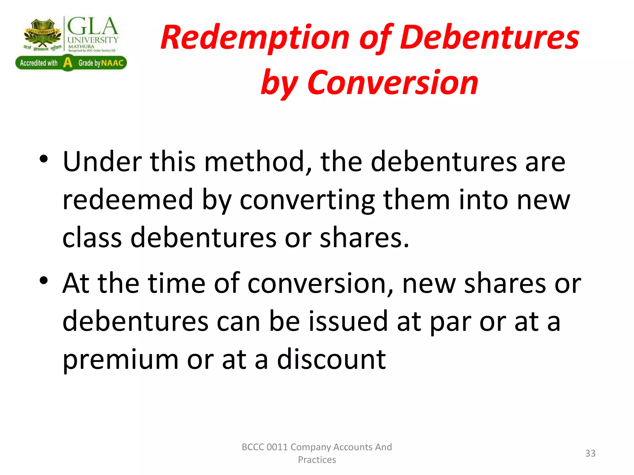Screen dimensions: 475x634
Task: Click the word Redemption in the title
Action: (255, 38)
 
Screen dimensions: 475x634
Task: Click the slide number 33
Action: (590, 453)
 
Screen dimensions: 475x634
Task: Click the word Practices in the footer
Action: (317, 460)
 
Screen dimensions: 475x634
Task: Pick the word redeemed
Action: (128, 200)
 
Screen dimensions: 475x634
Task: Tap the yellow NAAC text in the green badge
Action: (112, 63)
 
